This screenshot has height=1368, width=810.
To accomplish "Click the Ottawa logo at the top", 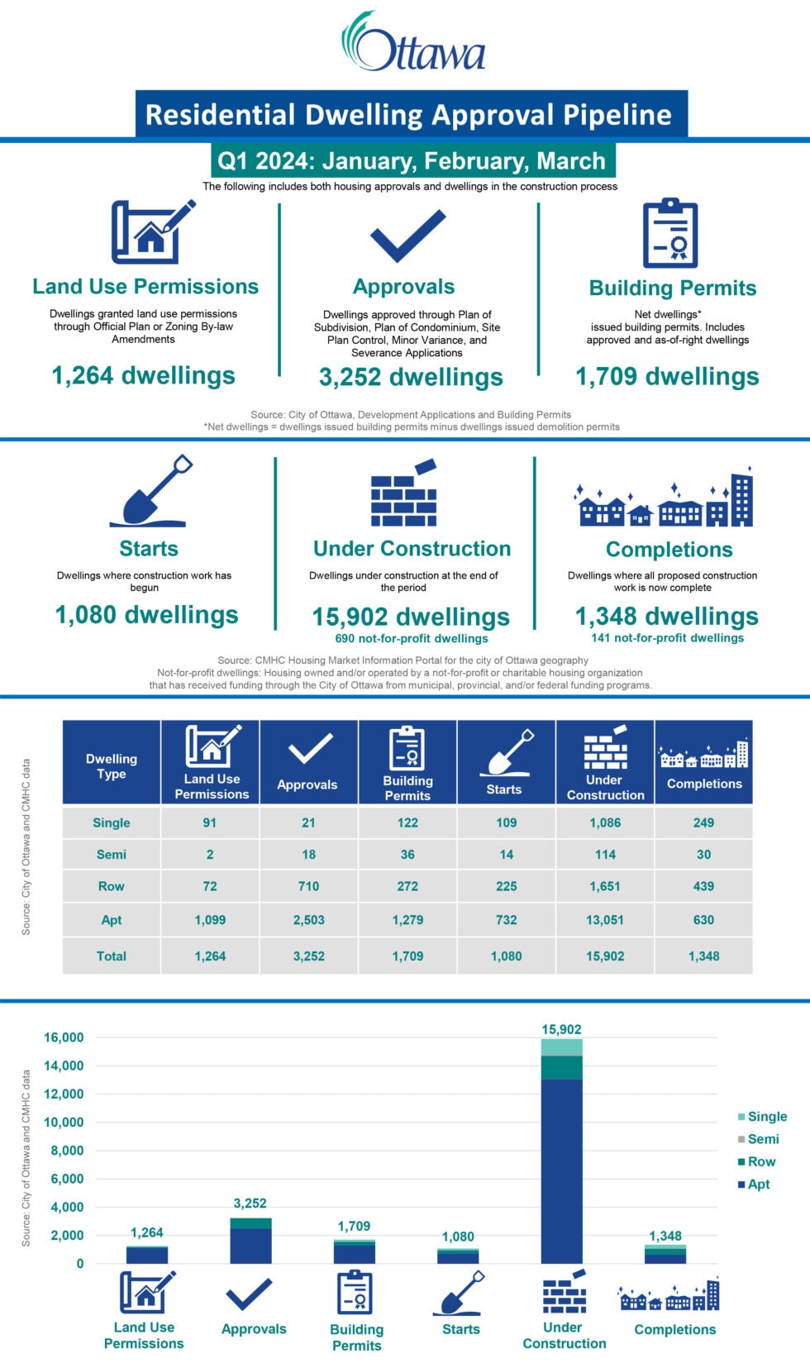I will [x=413, y=43].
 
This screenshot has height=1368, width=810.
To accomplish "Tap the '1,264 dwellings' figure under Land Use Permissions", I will [x=144, y=375].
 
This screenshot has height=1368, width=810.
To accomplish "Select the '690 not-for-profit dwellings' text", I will [x=412, y=638].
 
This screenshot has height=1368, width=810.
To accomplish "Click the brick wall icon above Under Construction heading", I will [x=403, y=494].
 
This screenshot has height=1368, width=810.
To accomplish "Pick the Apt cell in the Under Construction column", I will [x=605, y=920].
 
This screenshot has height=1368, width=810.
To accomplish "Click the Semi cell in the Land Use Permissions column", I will [x=210, y=855].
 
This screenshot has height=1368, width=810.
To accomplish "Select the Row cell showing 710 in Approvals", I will [x=308, y=886].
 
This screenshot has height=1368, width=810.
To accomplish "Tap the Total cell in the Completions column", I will [x=703, y=956].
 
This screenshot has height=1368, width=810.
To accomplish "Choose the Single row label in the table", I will [x=112, y=823].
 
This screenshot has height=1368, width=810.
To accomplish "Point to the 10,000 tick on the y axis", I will [x=64, y=1122].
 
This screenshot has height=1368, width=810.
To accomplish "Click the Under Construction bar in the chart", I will [x=562, y=1157].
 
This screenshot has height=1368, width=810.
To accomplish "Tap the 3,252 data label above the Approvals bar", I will [x=250, y=1204].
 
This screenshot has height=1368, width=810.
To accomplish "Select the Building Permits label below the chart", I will [x=356, y=1337].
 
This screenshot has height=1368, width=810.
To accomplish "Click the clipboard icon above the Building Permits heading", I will [x=670, y=234].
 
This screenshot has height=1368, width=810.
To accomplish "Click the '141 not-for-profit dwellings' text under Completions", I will [x=668, y=637].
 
